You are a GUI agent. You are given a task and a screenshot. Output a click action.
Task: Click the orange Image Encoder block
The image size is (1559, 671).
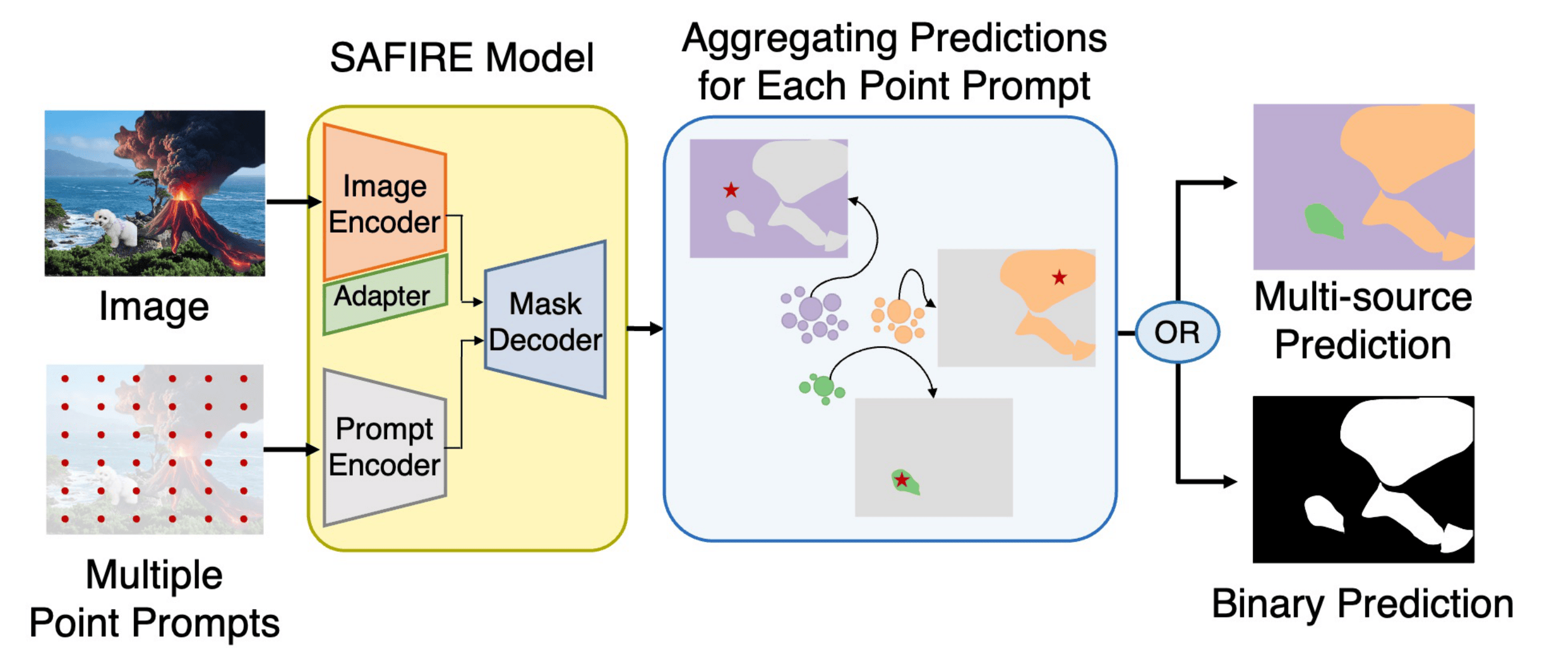pyautogui.click(x=385, y=203)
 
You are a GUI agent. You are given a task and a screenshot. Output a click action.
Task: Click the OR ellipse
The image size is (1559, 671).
pyautogui.click(x=1177, y=332)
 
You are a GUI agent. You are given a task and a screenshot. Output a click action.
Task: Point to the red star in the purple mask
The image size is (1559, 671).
pyautogui.click(x=731, y=191)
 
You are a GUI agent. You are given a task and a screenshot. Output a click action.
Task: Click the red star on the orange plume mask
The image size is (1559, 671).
pyautogui.click(x=1059, y=277)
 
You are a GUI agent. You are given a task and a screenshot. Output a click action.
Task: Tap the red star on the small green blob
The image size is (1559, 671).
pyautogui.click(x=902, y=480)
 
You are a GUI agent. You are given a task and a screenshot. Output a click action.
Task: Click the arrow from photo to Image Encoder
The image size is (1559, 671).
pyautogui.click(x=294, y=201)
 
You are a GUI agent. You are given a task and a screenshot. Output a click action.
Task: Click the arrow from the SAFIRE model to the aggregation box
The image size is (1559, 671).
pyautogui.click(x=645, y=329)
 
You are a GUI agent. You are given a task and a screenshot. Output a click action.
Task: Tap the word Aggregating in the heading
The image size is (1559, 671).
pyautogui.click(x=790, y=38)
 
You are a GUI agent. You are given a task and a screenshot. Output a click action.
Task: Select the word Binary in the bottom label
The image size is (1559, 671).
pyautogui.click(x=1269, y=604)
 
